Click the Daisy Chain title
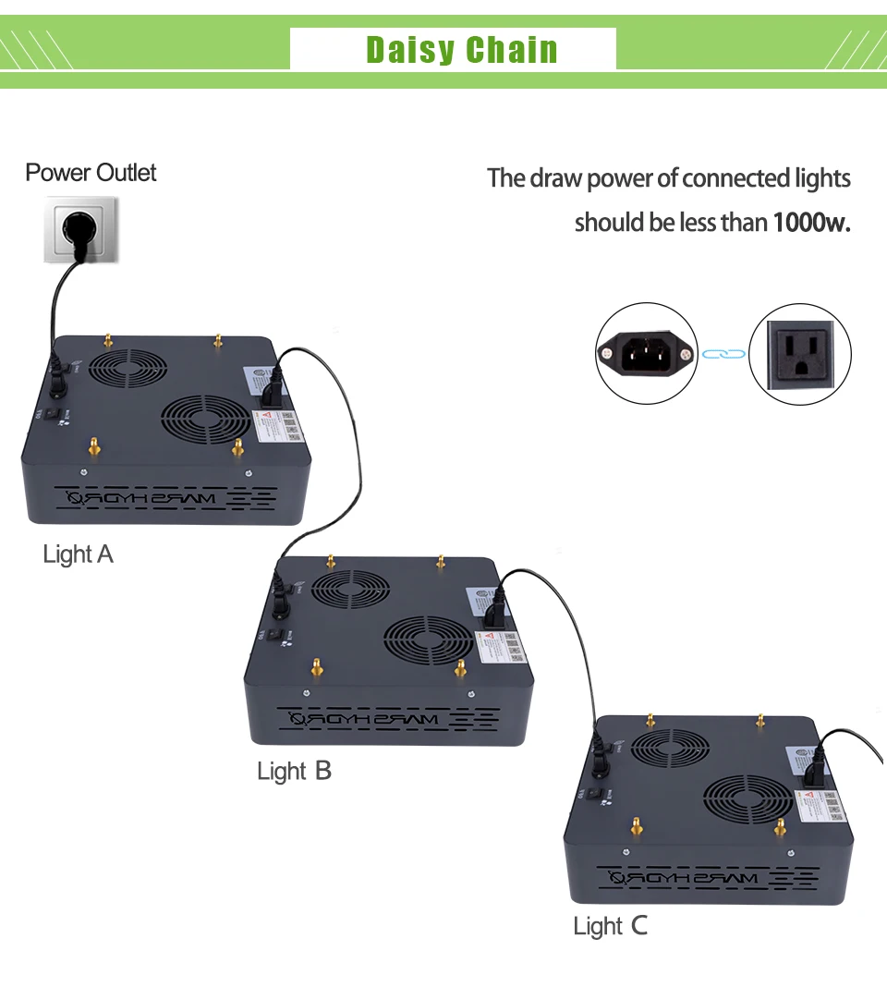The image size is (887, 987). (x=462, y=49)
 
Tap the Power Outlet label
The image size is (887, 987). (x=91, y=173)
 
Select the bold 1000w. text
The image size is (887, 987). (x=810, y=223)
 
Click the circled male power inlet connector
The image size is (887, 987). (x=645, y=353)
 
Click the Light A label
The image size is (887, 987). (x=78, y=554)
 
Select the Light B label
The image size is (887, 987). (x=294, y=771)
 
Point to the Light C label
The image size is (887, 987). (x=610, y=927)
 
